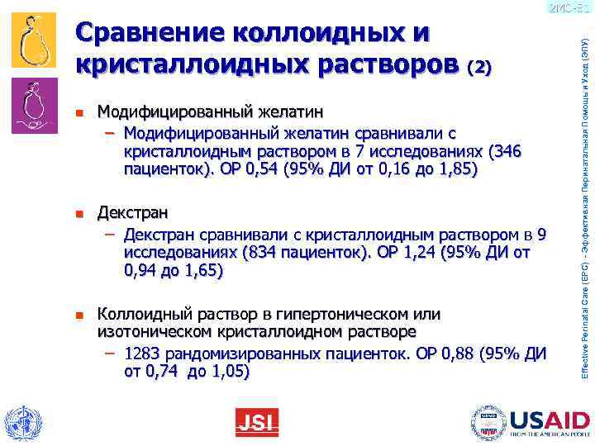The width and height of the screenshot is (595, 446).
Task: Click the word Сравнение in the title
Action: (148, 34)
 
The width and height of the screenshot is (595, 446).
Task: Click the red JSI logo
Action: (257, 423)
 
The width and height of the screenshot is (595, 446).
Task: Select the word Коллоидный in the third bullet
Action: (136, 314)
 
